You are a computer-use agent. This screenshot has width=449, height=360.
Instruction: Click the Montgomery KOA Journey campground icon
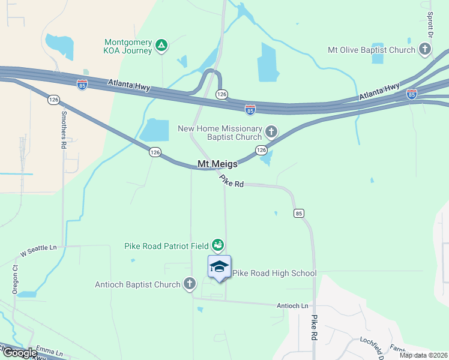[161, 46]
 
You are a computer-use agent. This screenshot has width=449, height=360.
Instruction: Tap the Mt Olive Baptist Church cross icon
[426, 49]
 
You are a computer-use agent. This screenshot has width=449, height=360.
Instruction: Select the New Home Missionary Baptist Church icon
[271, 131]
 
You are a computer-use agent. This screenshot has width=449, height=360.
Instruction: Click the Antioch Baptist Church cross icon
[190, 283]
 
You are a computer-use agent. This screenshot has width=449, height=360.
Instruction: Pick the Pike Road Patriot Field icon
[218, 245]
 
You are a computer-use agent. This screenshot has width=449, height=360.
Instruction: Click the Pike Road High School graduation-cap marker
[219, 266]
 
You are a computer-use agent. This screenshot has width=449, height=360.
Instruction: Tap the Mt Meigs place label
[218, 164]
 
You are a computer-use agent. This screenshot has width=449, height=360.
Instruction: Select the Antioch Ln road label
[292, 306]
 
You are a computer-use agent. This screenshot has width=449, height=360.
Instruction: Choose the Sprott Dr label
[430, 22]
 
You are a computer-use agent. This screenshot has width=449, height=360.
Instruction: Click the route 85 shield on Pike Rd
[299, 213]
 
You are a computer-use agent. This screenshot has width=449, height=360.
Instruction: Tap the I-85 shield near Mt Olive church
[411, 94]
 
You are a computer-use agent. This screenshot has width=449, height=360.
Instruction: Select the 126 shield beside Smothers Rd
[53, 100]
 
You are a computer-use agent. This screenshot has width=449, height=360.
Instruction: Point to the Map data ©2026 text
[423, 355]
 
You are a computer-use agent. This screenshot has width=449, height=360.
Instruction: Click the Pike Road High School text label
[274, 274]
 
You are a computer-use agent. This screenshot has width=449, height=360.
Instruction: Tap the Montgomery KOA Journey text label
[128, 46]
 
